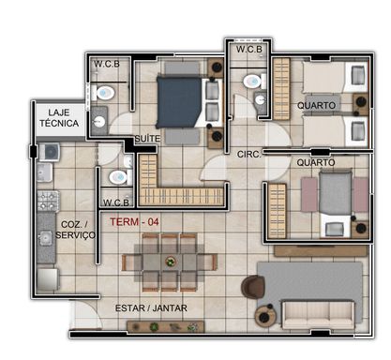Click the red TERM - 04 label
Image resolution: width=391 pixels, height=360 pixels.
(x=134, y=222)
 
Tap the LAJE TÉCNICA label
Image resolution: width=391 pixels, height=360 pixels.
(x=59, y=118)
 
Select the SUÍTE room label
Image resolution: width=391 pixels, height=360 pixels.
(x=147, y=139)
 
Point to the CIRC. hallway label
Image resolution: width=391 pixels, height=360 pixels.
(x=248, y=155)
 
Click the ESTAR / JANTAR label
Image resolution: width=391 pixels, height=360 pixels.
(x=151, y=308)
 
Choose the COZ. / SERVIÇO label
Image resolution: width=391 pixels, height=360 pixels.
(x=75, y=230)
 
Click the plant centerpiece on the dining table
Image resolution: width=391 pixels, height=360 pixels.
(x=171, y=262)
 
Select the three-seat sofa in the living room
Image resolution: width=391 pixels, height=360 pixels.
(x=318, y=314)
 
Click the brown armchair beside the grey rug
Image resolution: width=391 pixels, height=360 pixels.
(x=253, y=285)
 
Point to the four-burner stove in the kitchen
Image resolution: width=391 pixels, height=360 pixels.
(x=48, y=201)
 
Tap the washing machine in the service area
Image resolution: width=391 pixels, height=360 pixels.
(x=49, y=152)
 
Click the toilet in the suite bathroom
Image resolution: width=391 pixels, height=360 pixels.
(x=103, y=93)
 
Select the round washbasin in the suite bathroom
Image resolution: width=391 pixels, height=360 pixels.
(x=99, y=121)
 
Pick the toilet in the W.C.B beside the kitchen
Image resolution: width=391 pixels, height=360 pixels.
(x=121, y=177)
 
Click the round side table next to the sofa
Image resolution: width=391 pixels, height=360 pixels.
(x=265, y=316)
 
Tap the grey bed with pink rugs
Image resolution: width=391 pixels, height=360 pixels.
(x=336, y=203)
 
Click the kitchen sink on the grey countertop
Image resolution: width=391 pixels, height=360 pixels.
(x=46, y=238)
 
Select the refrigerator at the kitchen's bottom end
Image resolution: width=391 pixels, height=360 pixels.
(x=47, y=279)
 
